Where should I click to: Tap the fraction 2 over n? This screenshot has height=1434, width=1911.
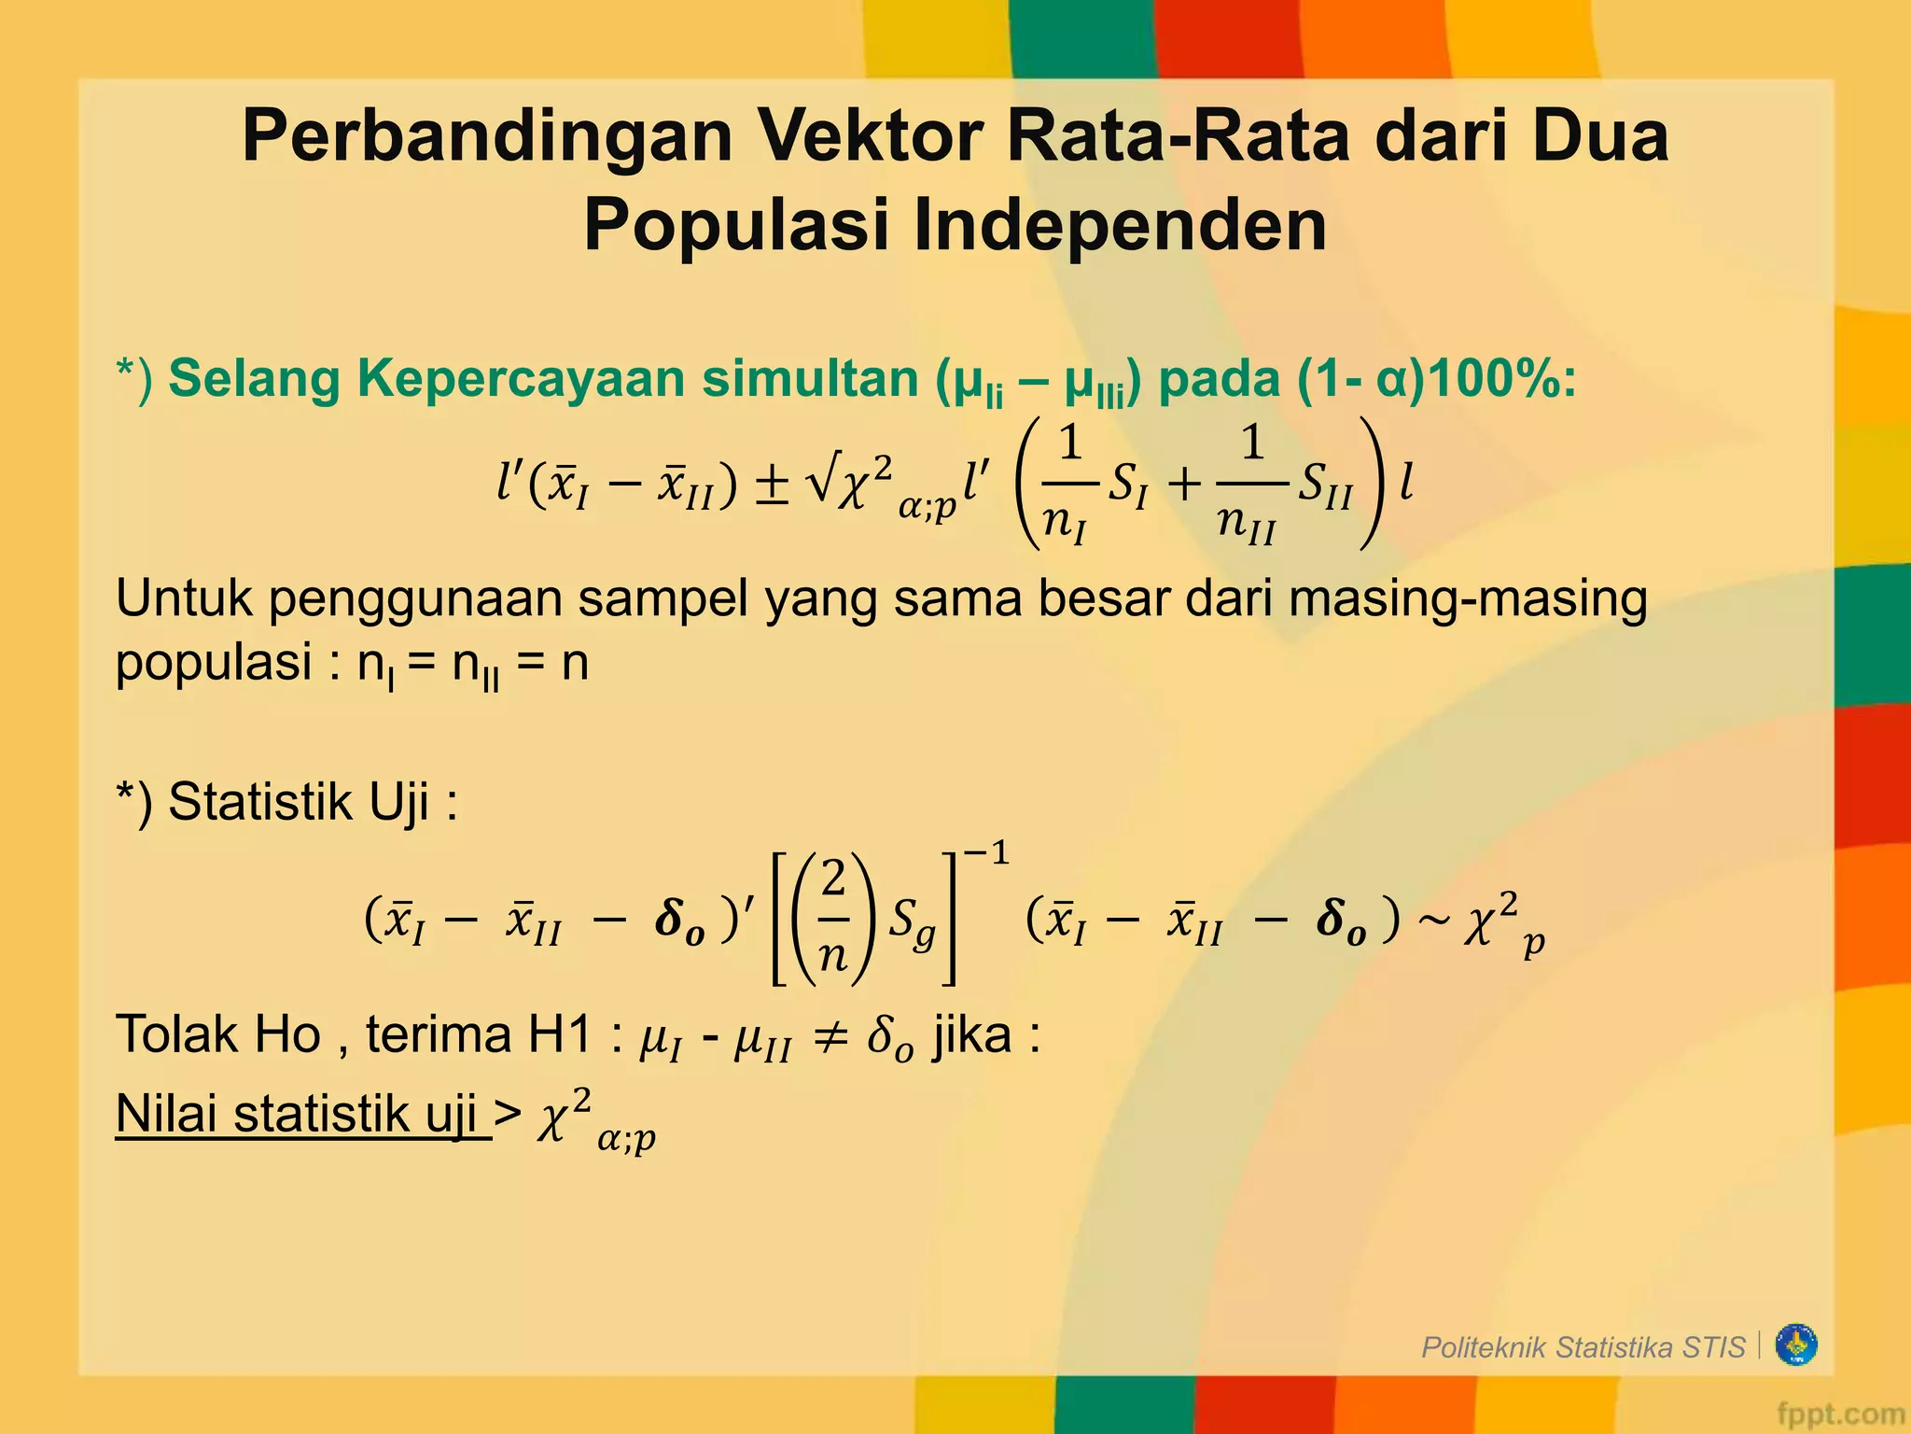click(833, 918)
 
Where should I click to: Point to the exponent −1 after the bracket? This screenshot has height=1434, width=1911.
click(986, 853)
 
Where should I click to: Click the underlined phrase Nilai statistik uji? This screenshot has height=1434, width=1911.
click(302, 1114)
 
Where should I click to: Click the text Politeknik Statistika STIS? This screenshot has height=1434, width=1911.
click(1583, 1347)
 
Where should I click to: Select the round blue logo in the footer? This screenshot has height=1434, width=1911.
click(1795, 1345)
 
